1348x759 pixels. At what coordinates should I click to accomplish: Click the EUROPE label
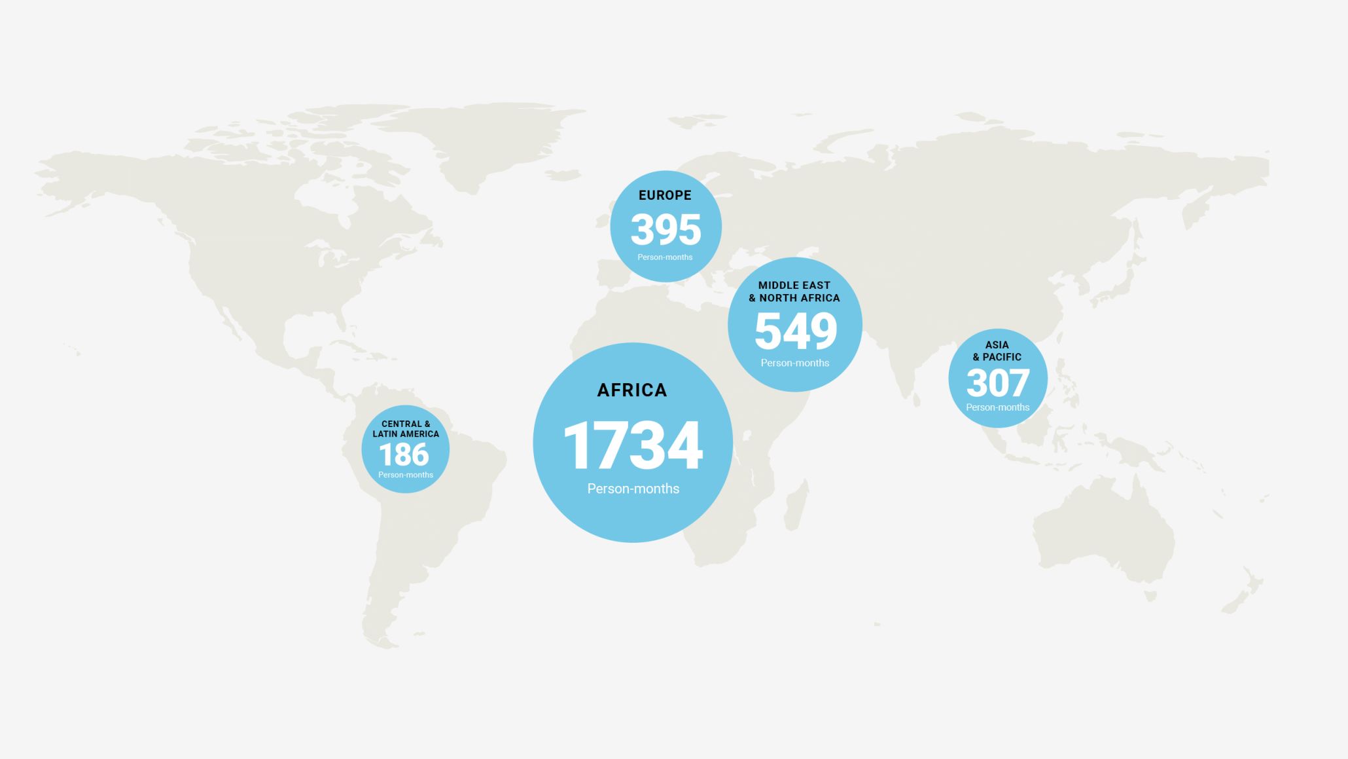tap(665, 195)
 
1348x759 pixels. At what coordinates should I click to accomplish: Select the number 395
tap(665, 229)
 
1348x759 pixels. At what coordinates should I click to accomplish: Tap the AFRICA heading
tap(632, 390)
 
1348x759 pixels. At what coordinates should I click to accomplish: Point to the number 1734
tap(633, 445)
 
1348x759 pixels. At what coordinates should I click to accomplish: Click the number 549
tap(795, 331)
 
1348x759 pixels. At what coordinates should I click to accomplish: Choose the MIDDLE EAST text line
tap(794, 286)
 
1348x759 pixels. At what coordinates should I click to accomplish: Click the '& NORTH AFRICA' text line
tap(794, 298)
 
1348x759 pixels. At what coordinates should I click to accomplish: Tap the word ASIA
tap(997, 345)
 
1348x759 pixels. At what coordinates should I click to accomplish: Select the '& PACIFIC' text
tap(997, 357)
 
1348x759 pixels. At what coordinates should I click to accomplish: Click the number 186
tap(404, 454)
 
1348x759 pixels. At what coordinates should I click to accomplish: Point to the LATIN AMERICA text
tap(406, 434)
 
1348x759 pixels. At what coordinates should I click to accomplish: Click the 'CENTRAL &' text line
tap(406, 424)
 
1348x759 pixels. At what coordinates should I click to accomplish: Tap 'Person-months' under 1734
tap(633, 489)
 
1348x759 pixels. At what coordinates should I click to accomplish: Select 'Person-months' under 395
tap(665, 257)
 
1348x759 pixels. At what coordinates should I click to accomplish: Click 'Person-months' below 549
tap(794, 363)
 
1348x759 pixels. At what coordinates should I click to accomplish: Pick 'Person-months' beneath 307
tap(997, 407)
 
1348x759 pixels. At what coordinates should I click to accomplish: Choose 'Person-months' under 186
tap(405, 475)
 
